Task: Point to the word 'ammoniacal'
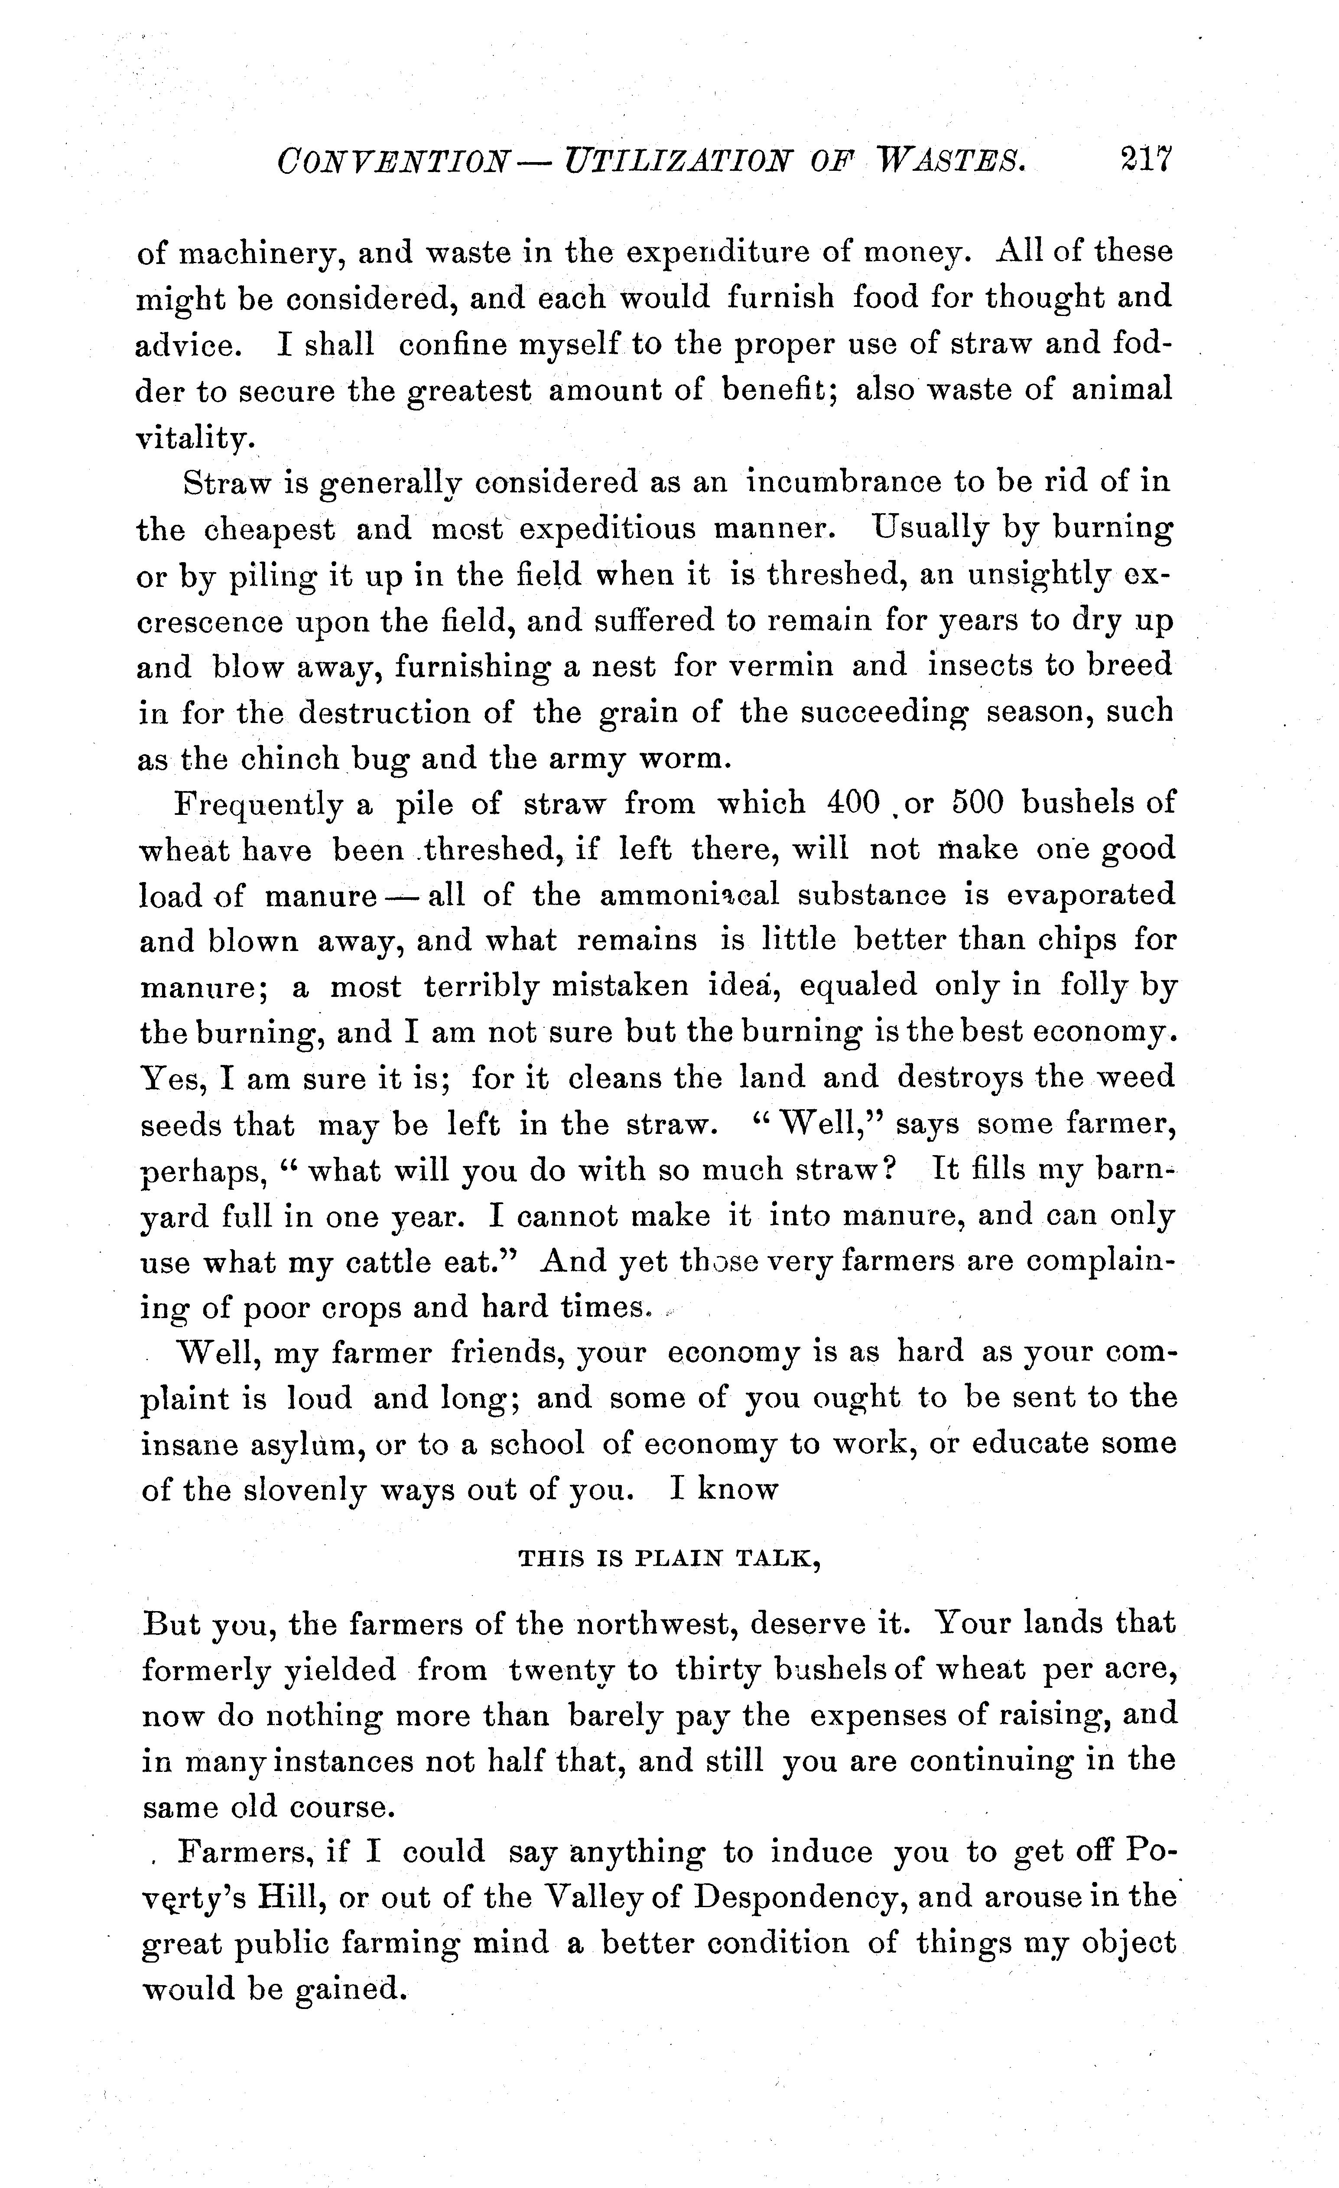(689, 895)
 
